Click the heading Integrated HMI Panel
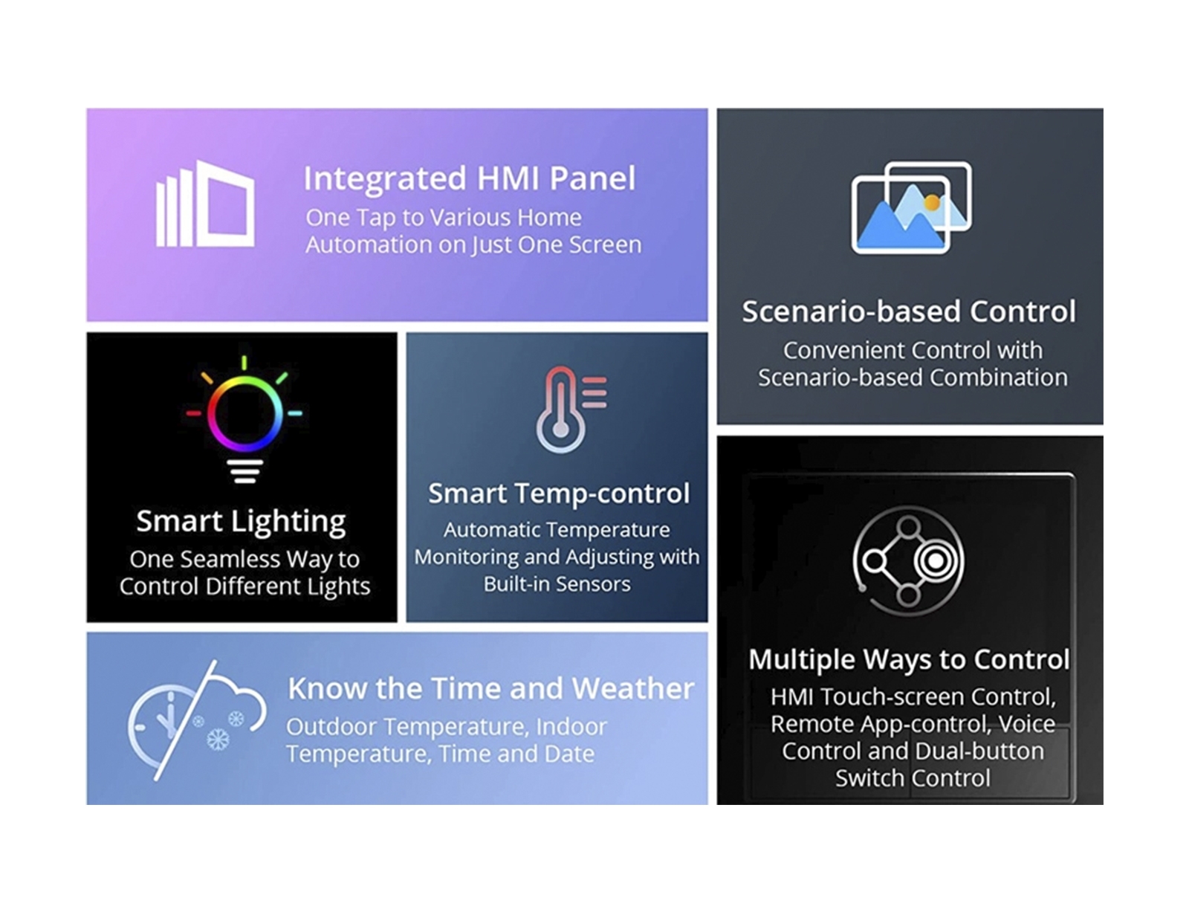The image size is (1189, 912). click(470, 178)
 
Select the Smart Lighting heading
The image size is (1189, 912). click(242, 521)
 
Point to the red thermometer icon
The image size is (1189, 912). click(570, 410)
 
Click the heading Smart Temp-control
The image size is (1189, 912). click(559, 493)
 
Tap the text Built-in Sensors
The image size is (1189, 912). click(557, 584)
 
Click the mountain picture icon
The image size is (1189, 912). click(911, 207)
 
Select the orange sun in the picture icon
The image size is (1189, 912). click(932, 203)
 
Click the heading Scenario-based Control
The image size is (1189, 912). click(909, 311)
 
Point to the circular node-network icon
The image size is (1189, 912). click(908, 561)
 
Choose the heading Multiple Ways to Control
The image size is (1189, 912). click(909, 659)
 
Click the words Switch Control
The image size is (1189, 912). click(913, 778)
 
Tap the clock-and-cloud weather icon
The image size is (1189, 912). click(198, 720)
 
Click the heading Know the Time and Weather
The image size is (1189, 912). click(490, 688)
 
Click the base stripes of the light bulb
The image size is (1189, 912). click(244, 471)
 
